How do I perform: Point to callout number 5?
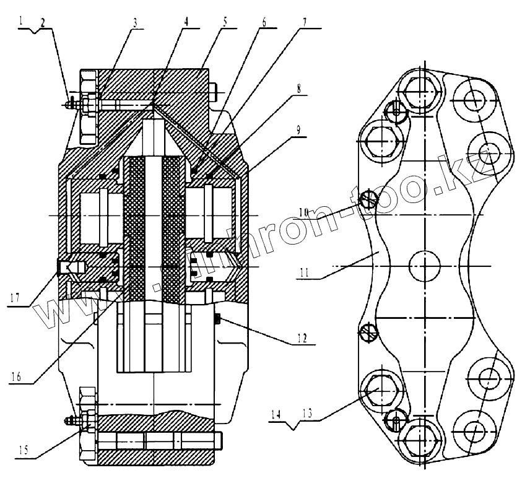(x=225, y=21)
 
